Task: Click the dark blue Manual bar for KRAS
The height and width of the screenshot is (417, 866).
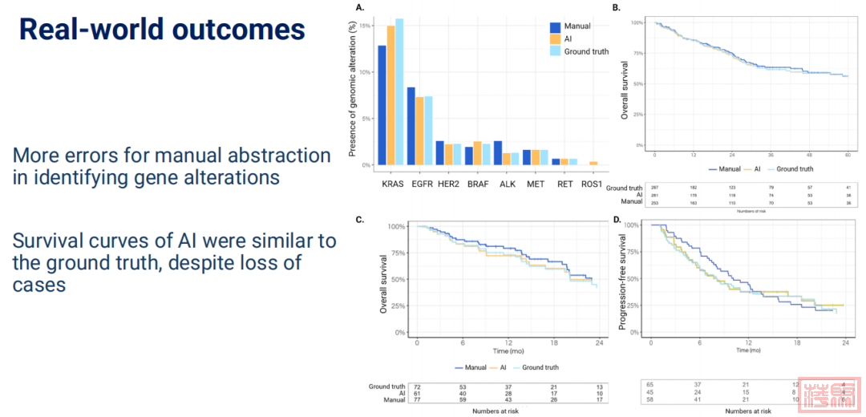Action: pyautogui.click(x=382, y=105)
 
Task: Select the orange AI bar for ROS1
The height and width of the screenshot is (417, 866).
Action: pyautogui.click(x=593, y=164)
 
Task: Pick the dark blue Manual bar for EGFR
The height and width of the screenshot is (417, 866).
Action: pyautogui.click(x=411, y=126)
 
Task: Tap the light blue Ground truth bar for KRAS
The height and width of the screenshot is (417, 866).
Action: pyautogui.click(x=399, y=92)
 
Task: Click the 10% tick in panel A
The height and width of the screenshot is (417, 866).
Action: pyautogui.click(x=366, y=72)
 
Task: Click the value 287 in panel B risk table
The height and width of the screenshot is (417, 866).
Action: pyautogui.click(x=654, y=188)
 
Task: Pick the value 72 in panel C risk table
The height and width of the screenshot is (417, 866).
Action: pyautogui.click(x=417, y=387)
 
